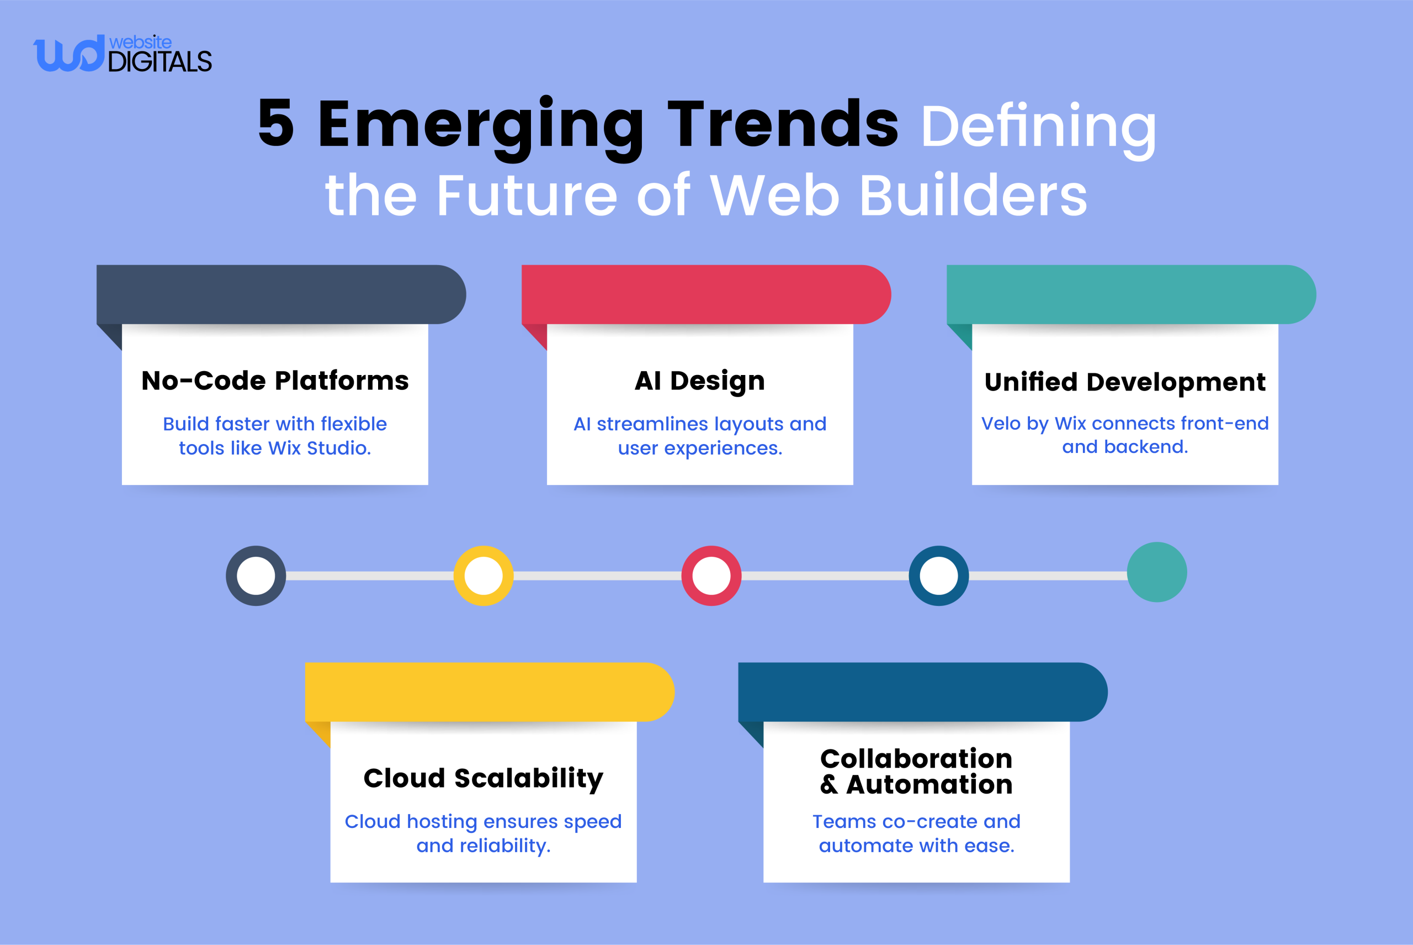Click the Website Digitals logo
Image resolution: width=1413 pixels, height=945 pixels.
(123, 54)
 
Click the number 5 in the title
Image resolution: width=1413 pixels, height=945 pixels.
(276, 124)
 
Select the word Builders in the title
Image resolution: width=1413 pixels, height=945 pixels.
(973, 196)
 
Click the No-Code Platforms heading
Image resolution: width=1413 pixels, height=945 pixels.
(275, 381)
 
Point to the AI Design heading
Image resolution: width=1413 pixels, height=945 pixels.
(700, 381)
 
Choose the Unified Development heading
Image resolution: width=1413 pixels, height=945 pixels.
(1124, 382)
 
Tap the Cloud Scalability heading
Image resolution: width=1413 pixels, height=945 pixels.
(483, 778)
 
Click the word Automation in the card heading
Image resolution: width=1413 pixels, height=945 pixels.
(929, 785)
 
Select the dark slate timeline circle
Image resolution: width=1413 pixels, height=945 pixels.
(256, 576)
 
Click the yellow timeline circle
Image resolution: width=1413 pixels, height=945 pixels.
(483, 576)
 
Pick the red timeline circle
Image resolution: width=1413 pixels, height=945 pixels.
(711, 576)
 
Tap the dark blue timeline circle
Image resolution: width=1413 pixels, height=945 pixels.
(938, 576)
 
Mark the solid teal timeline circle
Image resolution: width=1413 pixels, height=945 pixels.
(1156, 572)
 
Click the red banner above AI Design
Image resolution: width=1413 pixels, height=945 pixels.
(705, 294)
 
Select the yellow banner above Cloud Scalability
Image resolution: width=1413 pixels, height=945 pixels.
(488, 692)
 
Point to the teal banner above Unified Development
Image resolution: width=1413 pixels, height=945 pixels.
(1130, 294)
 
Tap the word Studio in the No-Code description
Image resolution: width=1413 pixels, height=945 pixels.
(338, 448)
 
